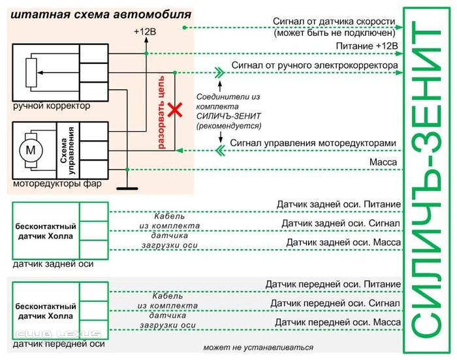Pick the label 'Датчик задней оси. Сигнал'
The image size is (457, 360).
coord(340,224)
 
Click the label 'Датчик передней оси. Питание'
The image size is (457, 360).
coord(332,284)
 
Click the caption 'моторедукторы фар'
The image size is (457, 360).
coord(57,185)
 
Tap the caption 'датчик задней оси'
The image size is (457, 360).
coord(53,264)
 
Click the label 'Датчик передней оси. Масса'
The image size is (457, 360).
coord(337,323)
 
